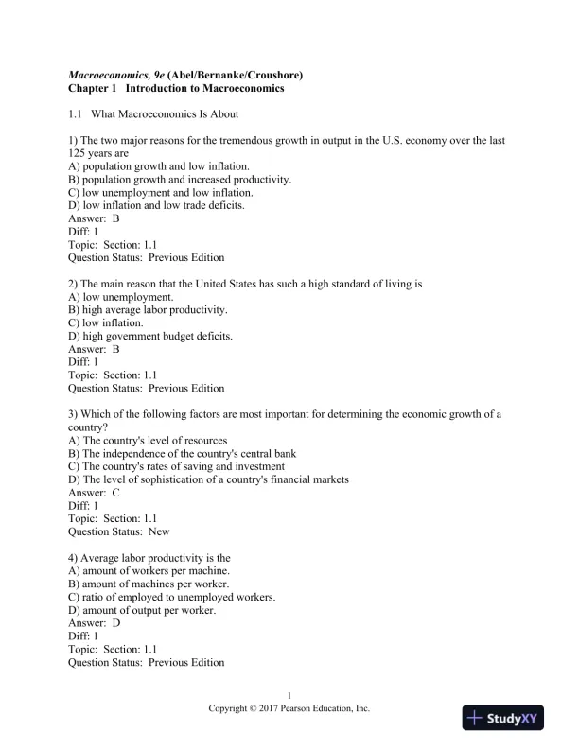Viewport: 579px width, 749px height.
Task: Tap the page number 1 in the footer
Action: coord(289,695)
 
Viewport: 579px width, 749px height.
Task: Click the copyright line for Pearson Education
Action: coord(289,708)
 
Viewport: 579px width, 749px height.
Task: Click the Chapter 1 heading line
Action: coord(176,88)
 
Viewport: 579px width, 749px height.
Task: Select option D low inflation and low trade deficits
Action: coord(157,205)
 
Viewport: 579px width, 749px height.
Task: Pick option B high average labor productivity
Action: coord(149,309)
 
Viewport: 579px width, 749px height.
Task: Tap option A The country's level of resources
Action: coord(148,441)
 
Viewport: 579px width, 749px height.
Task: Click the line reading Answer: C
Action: coord(95,493)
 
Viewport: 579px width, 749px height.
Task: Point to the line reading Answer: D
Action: coord(95,623)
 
